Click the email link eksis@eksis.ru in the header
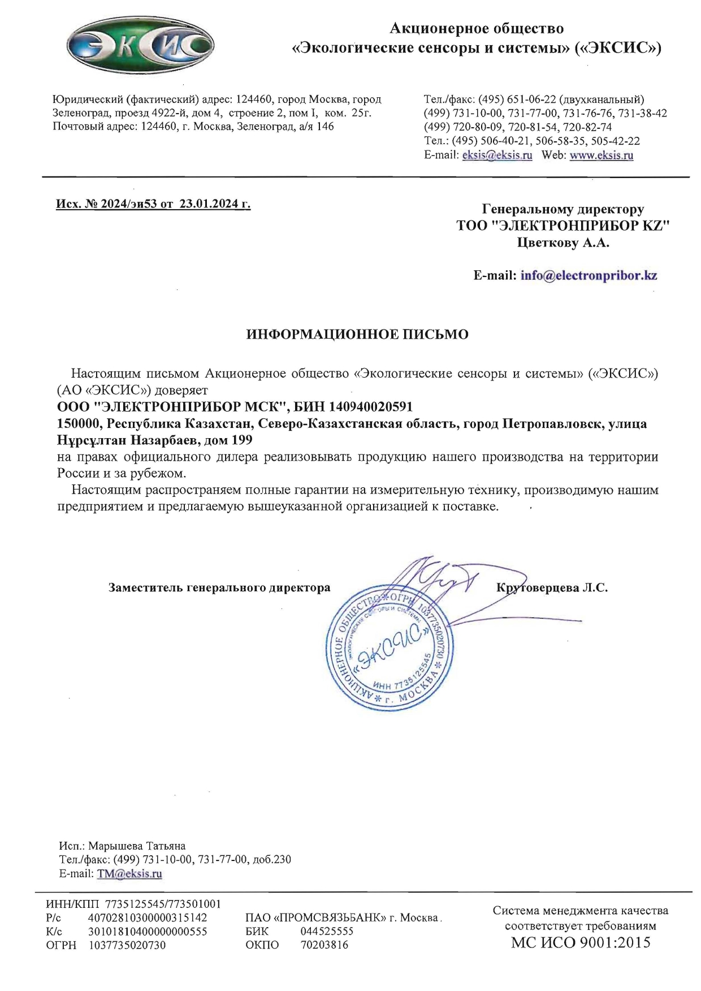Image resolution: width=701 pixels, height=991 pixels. [x=497, y=155]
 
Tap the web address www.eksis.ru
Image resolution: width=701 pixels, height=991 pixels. [x=601, y=155]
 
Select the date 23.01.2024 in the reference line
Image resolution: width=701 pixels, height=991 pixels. [x=206, y=204]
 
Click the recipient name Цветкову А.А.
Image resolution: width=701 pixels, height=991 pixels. [x=563, y=243]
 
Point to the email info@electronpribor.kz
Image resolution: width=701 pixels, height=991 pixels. [x=589, y=276]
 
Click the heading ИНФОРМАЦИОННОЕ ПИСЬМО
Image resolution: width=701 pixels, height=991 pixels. [x=357, y=335]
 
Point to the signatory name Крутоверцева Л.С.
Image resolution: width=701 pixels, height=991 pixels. [x=552, y=588]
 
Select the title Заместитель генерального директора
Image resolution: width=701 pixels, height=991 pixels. [x=219, y=588]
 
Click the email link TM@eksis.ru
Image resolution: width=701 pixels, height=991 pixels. [x=129, y=873]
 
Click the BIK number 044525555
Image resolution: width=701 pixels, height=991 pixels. [x=327, y=931]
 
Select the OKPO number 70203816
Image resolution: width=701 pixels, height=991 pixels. [x=324, y=945]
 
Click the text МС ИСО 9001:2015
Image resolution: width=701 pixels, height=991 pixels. [x=581, y=942]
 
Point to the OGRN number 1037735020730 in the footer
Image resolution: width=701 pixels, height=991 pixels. [x=128, y=945]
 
